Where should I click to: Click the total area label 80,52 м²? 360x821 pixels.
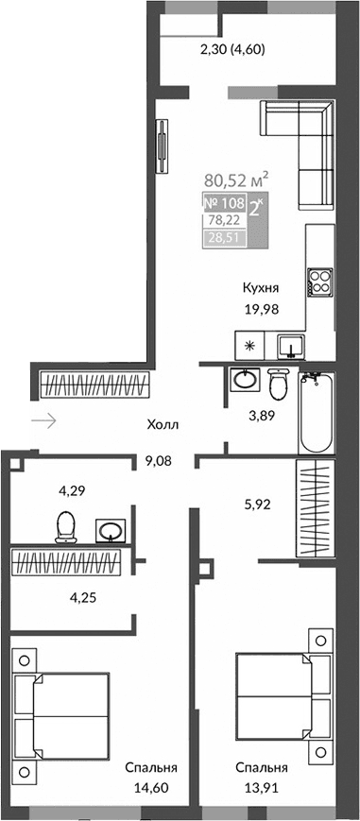(x=237, y=179)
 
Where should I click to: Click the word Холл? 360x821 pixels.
(x=163, y=425)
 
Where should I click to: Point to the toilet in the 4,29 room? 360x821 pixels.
(x=66, y=526)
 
